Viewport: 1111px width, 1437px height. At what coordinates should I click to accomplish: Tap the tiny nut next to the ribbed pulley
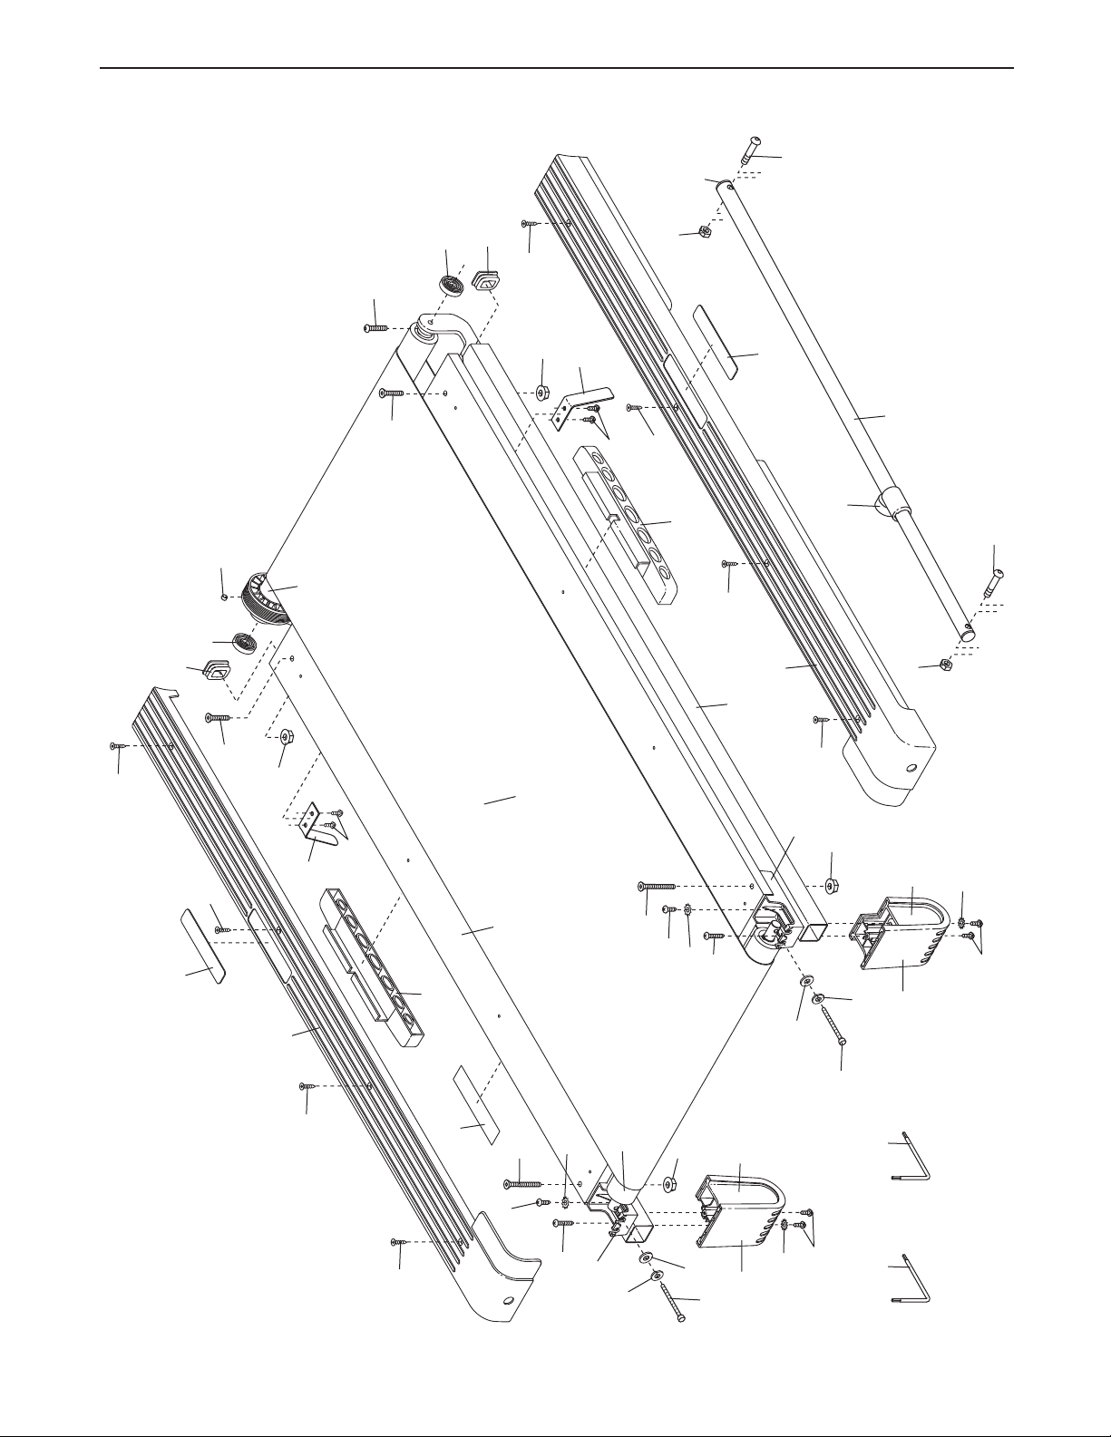click(x=223, y=596)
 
